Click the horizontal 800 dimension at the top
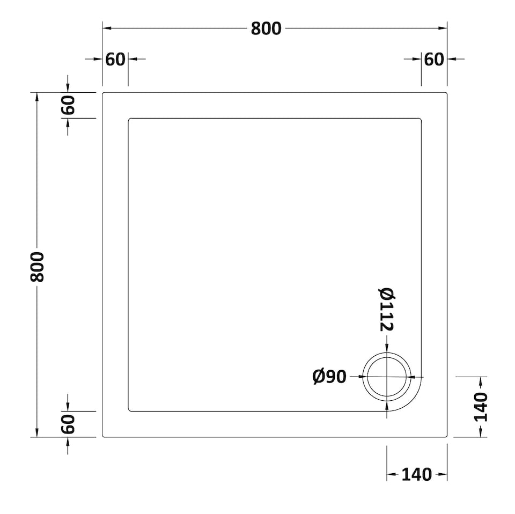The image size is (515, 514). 266,28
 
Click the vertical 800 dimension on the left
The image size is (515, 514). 37,266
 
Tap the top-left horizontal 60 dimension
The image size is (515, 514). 115,59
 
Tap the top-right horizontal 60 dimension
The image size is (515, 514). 434,59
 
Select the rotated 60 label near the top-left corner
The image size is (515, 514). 68,105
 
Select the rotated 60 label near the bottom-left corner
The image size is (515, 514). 68,424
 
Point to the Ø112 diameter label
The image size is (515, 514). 387,310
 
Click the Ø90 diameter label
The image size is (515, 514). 329,377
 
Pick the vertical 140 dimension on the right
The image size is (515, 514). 481,407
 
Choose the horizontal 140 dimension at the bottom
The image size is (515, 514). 416,474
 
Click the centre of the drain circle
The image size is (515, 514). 387,377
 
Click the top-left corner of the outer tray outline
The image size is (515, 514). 104,93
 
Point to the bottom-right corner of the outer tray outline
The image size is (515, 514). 446,436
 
